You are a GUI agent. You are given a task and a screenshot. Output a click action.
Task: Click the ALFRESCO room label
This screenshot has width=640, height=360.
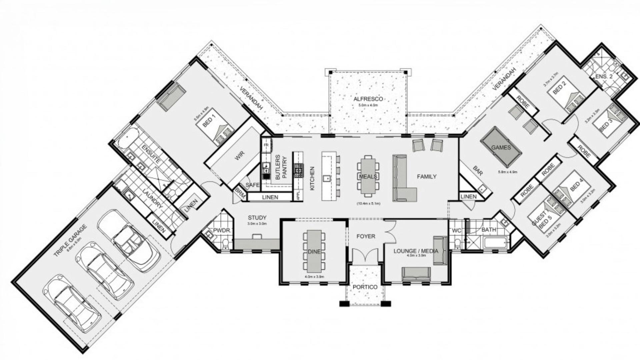[x=368, y=99]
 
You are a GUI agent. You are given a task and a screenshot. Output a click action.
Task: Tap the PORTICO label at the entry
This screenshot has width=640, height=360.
[x=365, y=287]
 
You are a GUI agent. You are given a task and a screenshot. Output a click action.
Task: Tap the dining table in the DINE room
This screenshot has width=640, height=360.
[x=314, y=251]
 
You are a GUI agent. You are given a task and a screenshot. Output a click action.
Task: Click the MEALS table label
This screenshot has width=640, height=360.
[x=368, y=176]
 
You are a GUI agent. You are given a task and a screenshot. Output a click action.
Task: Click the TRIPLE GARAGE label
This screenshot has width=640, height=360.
[x=70, y=241]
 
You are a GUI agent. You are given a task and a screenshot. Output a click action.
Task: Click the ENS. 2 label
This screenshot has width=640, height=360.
[x=604, y=77]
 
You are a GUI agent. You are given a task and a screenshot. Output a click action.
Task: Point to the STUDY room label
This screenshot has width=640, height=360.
[x=257, y=218]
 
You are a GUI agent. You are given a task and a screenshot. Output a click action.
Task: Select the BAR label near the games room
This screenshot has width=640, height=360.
[x=478, y=171]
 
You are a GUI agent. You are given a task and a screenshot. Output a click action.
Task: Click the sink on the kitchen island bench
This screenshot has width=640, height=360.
[x=327, y=179]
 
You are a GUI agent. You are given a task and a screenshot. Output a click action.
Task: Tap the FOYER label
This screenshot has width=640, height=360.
[x=366, y=236]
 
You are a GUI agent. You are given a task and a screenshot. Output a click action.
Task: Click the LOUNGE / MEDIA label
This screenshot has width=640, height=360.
[x=416, y=251]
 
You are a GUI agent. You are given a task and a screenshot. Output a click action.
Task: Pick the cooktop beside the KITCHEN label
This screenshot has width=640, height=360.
[x=298, y=170]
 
